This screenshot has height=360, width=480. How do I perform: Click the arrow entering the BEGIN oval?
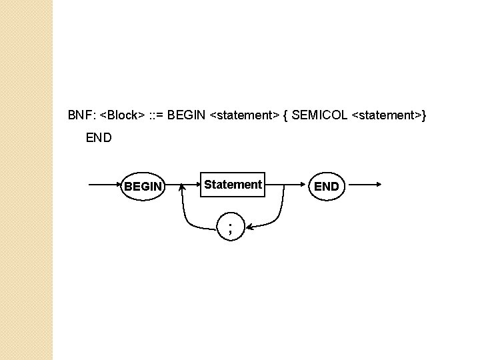point(105,185)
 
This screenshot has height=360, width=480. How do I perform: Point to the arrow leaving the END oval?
point(365,184)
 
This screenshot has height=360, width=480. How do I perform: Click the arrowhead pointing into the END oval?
point(303,185)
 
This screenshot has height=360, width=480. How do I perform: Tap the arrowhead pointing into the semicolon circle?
point(249,227)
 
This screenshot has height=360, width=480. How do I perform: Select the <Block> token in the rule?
point(122,115)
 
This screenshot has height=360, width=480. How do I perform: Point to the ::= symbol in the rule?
point(157,115)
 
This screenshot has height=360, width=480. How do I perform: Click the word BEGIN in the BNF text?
point(186,115)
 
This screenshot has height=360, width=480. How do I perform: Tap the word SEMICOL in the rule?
point(319,115)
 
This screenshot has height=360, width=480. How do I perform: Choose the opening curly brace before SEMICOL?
point(285,116)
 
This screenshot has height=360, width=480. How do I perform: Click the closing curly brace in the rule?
point(424,116)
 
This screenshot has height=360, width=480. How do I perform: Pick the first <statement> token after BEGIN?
point(245,115)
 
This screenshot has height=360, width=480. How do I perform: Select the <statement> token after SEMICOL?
point(387,115)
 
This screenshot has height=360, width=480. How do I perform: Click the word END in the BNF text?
point(99,138)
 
